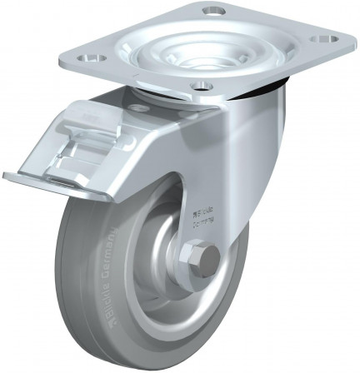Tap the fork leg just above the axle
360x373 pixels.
[x=204, y=225]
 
